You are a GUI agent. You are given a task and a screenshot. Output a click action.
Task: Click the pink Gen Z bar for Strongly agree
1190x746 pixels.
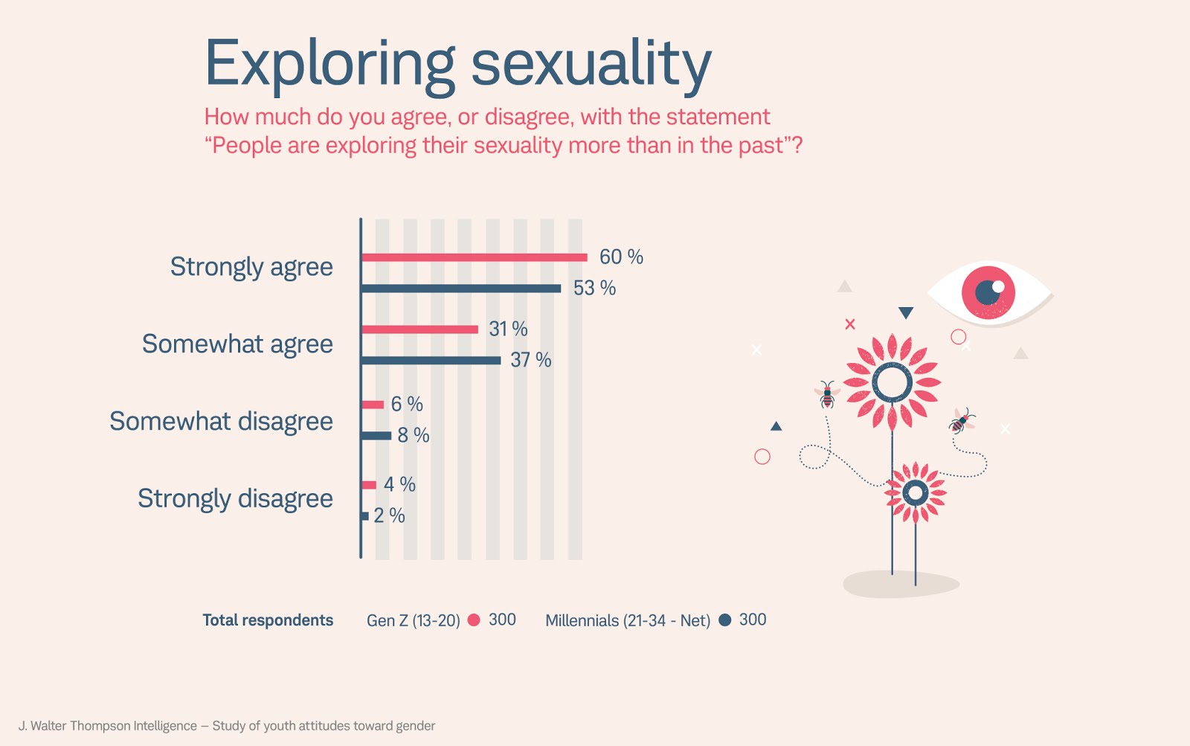pyautogui.click(x=474, y=257)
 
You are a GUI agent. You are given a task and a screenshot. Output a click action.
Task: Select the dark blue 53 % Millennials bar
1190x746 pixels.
pyautogui.click(x=461, y=289)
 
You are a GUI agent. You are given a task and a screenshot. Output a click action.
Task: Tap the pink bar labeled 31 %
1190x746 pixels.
pyautogui.click(x=419, y=329)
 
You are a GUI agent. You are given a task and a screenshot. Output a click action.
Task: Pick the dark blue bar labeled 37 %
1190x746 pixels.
pyautogui.click(x=431, y=361)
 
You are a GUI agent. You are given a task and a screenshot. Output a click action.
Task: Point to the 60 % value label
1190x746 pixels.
pyautogui.click(x=621, y=257)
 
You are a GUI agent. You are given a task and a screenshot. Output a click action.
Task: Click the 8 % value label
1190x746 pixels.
pyautogui.click(x=414, y=435)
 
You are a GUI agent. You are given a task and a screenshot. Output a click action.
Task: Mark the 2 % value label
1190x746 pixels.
pyautogui.click(x=389, y=515)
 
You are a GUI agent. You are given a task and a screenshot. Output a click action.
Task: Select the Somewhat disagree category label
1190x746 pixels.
pyautogui.click(x=221, y=421)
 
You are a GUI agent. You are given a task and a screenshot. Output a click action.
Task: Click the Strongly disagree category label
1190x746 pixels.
pyautogui.click(x=235, y=498)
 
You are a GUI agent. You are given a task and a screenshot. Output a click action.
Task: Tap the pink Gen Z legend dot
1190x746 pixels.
pyautogui.click(x=474, y=620)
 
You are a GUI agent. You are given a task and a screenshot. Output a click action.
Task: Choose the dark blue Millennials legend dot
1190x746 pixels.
pyautogui.click(x=725, y=620)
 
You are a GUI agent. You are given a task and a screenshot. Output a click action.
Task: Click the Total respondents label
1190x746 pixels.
pyautogui.click(x=268, y=620)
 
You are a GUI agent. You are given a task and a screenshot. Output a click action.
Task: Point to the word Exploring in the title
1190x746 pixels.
pyautogui.click(x=329, y=64)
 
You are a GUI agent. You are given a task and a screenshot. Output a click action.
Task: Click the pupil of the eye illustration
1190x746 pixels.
pyautogui.click(x=988, y=292)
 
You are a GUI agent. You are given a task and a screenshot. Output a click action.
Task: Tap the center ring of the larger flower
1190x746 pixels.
pyautogui.click(x=892, y=383)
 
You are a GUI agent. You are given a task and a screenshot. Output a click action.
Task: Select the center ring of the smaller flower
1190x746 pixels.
pyautogui.click(x=916, y=492)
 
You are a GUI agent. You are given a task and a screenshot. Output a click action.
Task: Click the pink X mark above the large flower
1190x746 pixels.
pyautogui.click(x=850, y=324)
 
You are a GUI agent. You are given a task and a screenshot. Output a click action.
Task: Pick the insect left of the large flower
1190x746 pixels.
pyautogui.click(x=827, y=395)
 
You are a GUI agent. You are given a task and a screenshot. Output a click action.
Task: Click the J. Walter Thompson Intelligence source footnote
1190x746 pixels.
pyautogui.click(x=227, y=726)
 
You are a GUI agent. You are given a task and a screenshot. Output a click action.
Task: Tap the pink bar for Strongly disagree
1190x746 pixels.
pyautogui.click(x=369, y=485)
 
